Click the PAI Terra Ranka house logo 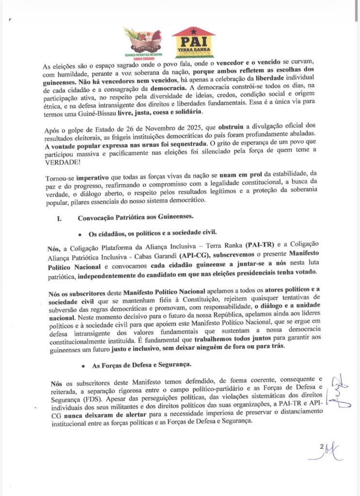point(193,42)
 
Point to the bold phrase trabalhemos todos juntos point(213,338)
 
